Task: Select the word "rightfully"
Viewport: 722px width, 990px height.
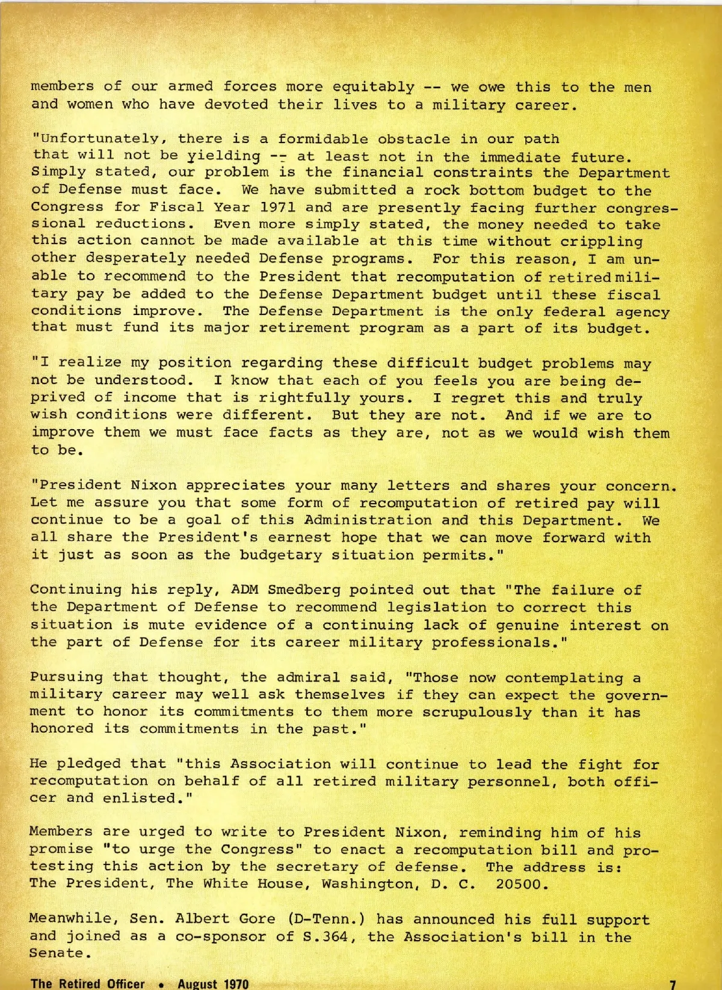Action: click(304, 398)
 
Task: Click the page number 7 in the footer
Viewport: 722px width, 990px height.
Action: click(673, 984)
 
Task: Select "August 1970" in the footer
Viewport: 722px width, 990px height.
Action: click(213, 984)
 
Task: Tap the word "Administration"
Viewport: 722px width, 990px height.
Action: click(368, 520)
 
